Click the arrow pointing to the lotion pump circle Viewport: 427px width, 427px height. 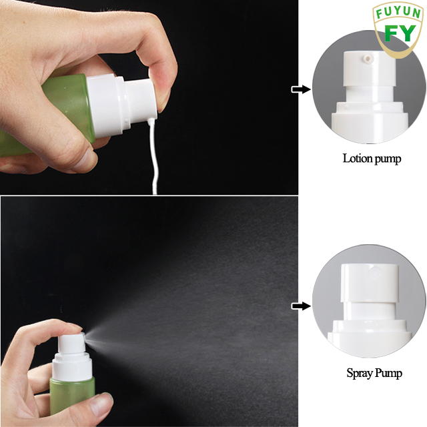302,89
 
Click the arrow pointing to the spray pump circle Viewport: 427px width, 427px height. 302,306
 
